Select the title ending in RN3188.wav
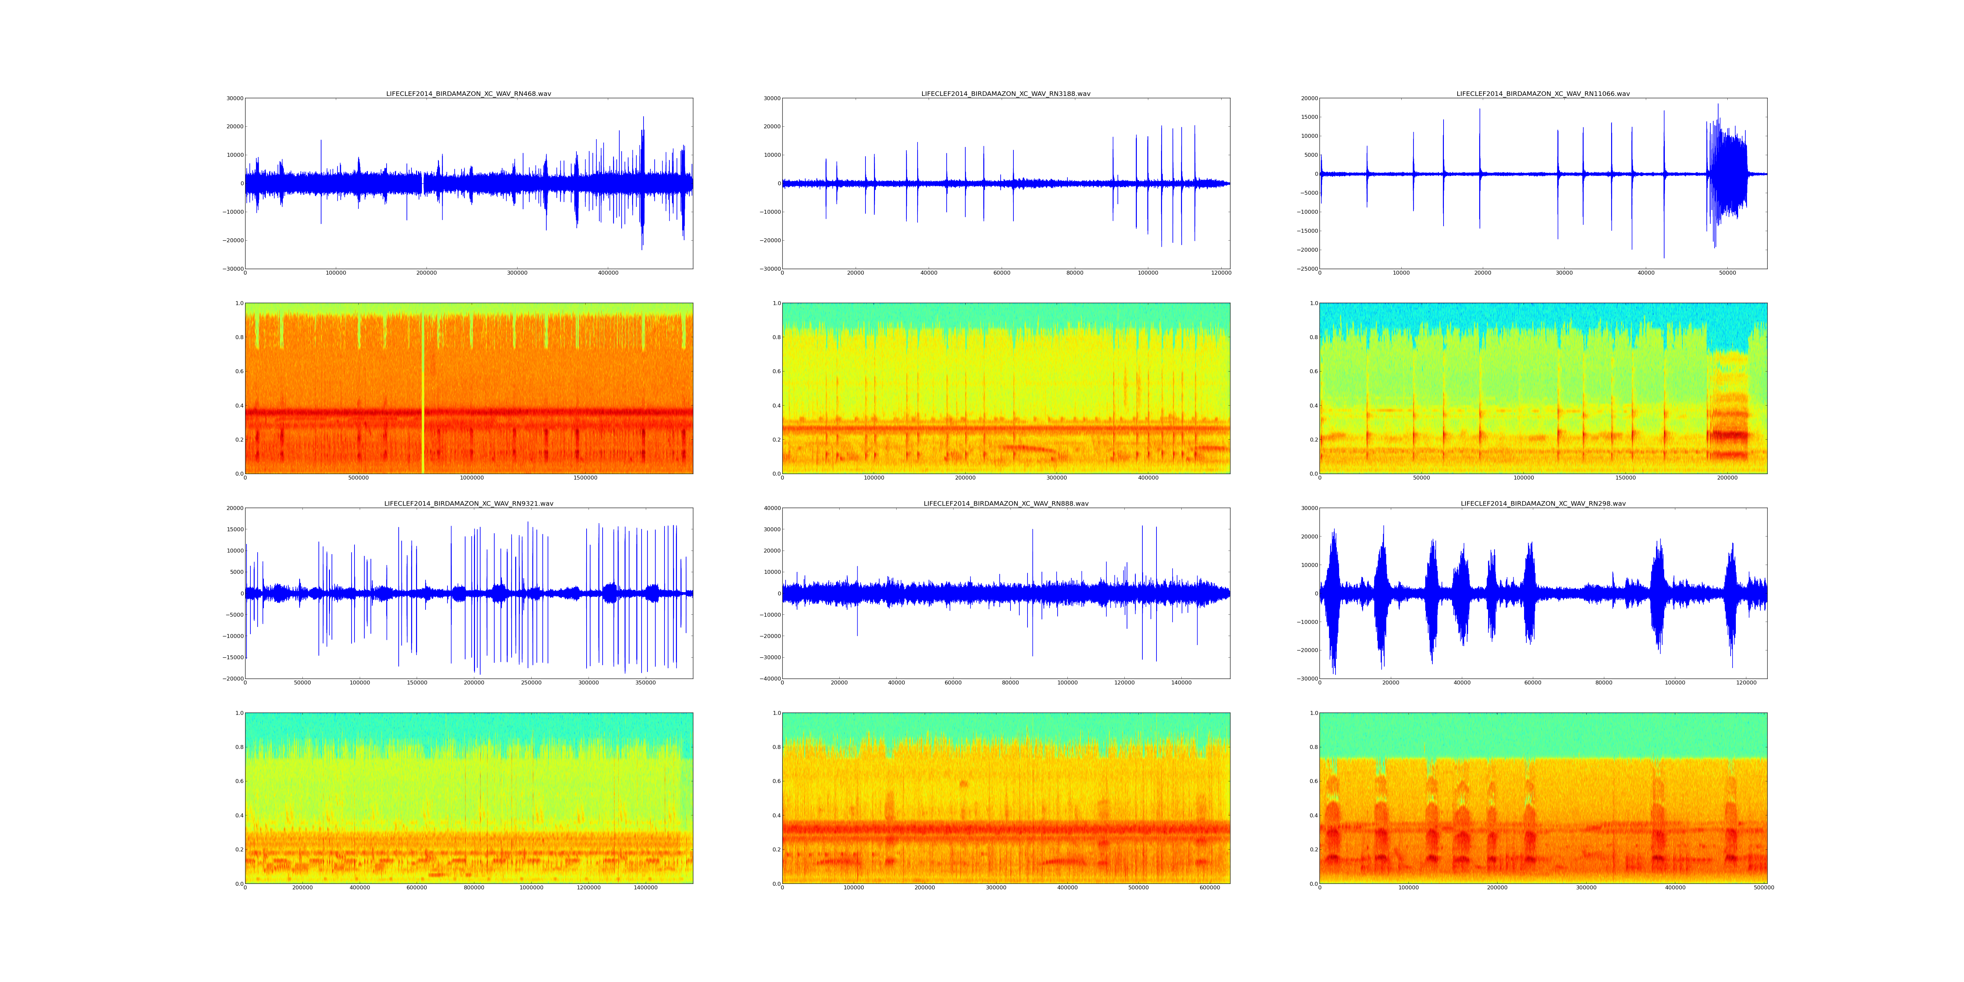click(x=1006, y=94)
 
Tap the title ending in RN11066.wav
click(x=1543, y=94)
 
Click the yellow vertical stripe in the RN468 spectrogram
click(x=422, y=389)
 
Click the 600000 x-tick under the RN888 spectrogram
click(x=1210, y=887)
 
